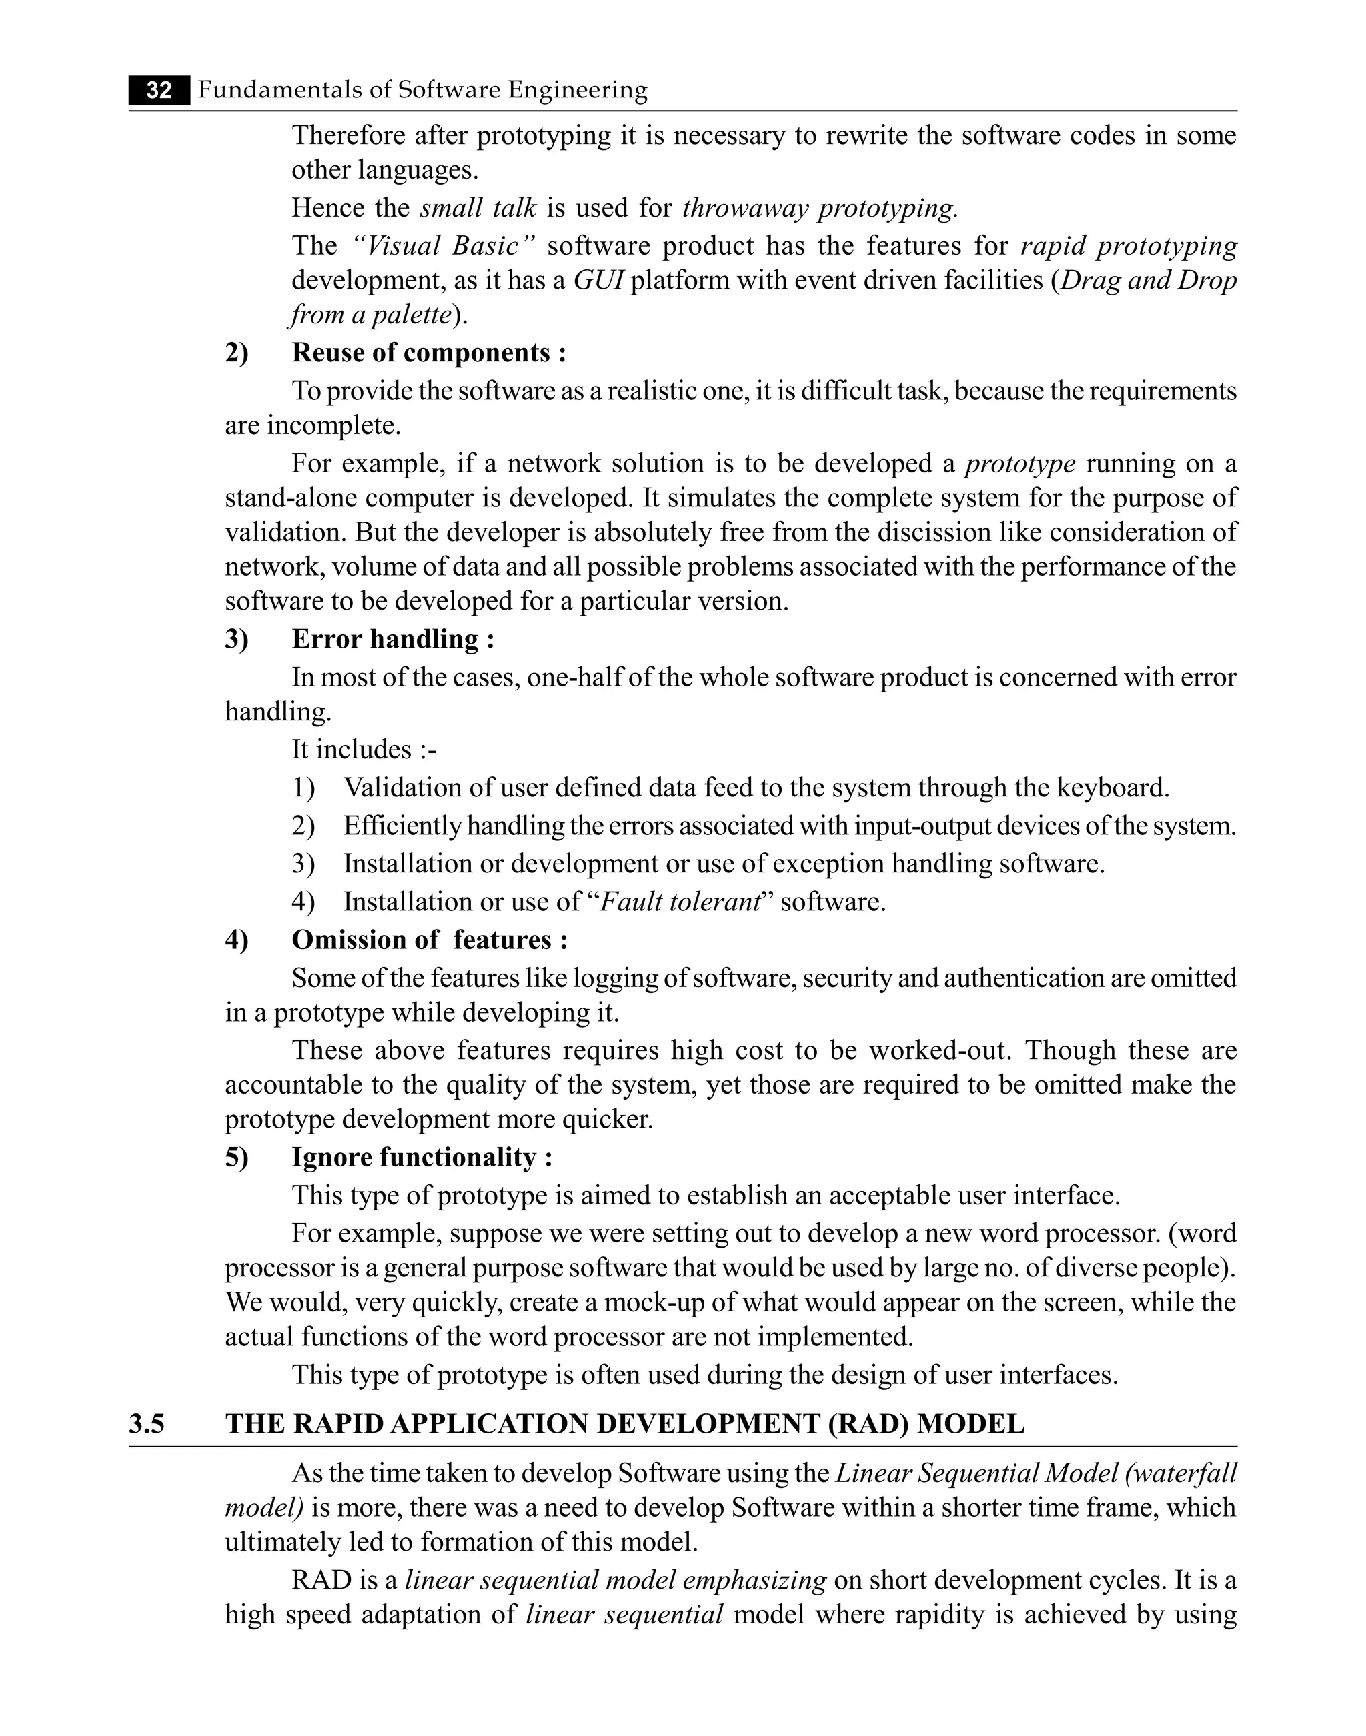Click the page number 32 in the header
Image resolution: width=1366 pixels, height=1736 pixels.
(159, 90)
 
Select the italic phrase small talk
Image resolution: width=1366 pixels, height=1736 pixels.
(478, 208)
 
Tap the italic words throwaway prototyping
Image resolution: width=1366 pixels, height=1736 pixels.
(819, 208)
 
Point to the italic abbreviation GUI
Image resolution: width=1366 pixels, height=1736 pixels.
(598, 281)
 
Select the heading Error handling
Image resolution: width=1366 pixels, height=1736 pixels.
(393, 639)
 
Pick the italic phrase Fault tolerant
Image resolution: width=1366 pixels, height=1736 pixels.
(679, 902)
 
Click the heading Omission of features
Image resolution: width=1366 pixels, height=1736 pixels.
(430, 940)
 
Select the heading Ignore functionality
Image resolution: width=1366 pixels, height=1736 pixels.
(422, 1157)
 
